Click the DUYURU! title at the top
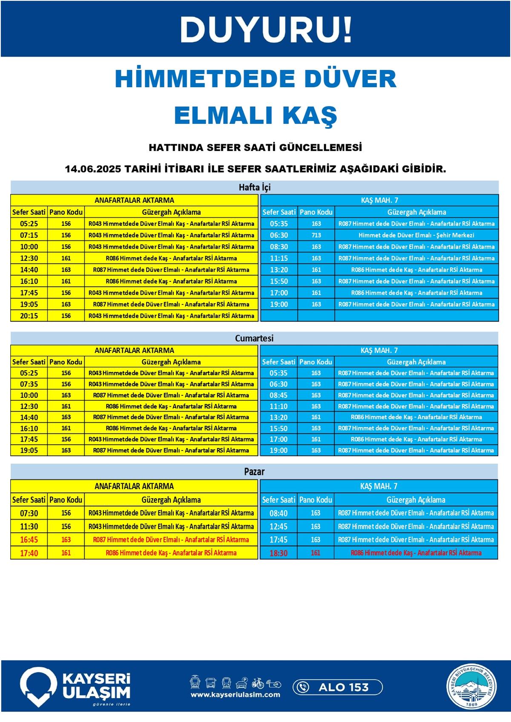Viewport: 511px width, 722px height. click(x=266, y=30)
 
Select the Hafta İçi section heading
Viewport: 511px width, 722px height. click(x=255, y=187)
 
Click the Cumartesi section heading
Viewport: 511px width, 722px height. click(x=254, y=338)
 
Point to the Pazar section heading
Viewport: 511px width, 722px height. click(x=254, y=471)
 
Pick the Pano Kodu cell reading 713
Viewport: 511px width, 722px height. click(x=316, y=235)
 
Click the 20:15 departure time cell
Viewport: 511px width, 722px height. click(x=29, y=316)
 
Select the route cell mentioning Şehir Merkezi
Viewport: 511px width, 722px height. click(x=416, y=235)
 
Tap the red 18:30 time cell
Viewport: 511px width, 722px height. click(x=278, y=553)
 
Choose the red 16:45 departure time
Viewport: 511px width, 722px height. click(x=29, y=539)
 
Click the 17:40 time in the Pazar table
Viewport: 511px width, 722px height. click(x=29, y=553)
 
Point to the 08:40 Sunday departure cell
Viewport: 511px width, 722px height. click(x=278, y=513)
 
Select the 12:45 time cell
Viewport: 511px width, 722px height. click(x=278, y=526)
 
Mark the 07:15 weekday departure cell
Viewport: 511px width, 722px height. click(x=29, y=235)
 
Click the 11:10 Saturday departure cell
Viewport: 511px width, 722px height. click(x=278, y=406)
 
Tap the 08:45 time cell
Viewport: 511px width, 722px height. click(x=278, y=395)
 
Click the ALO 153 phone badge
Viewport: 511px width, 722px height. click(x=337, y=687)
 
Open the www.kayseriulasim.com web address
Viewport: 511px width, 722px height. click(x=235, y=695)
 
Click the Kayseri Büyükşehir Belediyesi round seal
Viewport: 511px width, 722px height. click(x=471, y=687)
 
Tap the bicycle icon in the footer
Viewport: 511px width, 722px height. click(x=258, y=683)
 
